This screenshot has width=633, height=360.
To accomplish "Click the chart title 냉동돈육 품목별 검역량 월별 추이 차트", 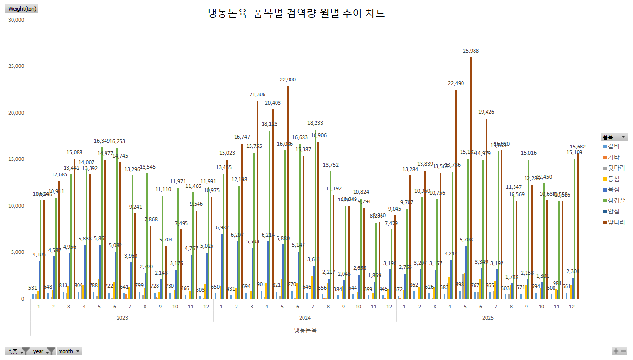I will click(296, 13).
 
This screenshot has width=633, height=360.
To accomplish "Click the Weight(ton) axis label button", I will click(22, 9).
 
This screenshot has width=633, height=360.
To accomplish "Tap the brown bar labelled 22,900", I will click(288, 193).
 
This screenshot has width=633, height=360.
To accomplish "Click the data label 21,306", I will click(257, 95).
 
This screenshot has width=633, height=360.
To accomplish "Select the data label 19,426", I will click(486, 112).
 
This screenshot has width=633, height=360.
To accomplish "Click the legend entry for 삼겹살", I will click(613, 200).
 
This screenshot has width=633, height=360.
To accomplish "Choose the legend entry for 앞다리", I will click(613, 222).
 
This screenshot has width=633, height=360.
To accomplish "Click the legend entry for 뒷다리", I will click(613, 168).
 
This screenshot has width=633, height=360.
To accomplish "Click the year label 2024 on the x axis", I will click(305, 318).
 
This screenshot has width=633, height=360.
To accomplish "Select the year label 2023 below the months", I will click(122, 318).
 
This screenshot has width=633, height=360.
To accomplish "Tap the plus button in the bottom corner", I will click(616, 351).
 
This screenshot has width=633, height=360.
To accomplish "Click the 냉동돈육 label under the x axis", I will click(305, 330).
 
